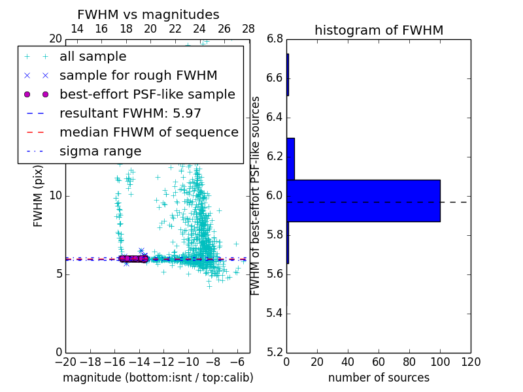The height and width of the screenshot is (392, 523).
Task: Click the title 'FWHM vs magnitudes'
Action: click(x=148, y=15)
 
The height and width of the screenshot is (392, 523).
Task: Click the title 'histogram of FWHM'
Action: click(x=379, y=30)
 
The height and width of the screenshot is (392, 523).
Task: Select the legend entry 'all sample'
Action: click(x=93, y=57)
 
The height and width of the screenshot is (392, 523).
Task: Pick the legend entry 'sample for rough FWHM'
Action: click(x=138, y=76)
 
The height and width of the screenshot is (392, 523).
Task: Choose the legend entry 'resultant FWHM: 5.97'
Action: click(x=130, y=114)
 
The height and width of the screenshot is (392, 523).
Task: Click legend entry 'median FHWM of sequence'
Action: click(x=148, y=133)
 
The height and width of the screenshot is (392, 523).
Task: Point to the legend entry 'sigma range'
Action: click(x=100, y=152)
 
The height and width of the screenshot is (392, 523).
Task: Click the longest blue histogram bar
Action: click(x=363, y=201)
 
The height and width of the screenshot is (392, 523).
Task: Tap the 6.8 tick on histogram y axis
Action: click(x=275, y=39)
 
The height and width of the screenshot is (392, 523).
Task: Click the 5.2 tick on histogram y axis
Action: click(x=275, y=352)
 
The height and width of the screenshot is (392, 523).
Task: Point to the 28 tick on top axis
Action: click(x=248, y=29)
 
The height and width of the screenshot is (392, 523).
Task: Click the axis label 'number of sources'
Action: click(x=379, y=378)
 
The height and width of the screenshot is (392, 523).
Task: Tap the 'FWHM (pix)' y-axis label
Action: click(x=39, y=196)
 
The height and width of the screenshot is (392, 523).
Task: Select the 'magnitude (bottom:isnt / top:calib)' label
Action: click(x=158, y=378)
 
